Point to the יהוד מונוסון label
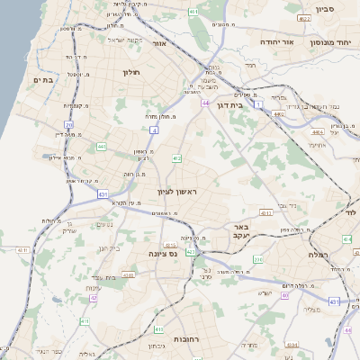tap(332, 42)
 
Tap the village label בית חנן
tap(107, 247)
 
